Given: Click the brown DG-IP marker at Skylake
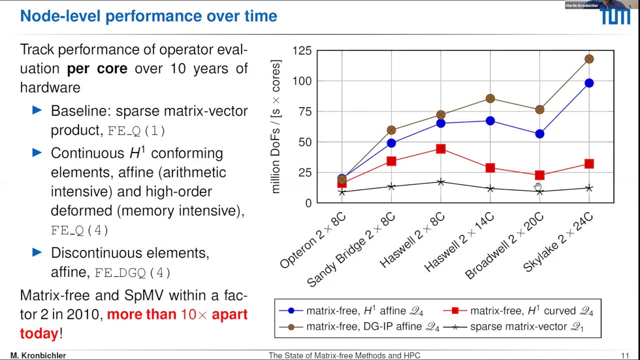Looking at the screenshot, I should [589, 59].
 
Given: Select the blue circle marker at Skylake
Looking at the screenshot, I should [589, 83].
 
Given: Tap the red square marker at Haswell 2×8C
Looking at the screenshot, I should [440, 149].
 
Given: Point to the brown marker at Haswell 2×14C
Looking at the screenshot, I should [490, 98].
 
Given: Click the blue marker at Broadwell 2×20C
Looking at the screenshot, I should [539, 134].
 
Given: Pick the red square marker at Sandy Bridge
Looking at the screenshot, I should [391, 161].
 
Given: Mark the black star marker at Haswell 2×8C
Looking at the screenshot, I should [440, 182].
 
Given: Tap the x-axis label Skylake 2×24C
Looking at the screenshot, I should [558, 242].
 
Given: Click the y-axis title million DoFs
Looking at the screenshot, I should [276, 127].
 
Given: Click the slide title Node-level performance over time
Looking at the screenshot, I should [148, 16].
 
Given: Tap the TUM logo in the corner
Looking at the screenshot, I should [615, 16].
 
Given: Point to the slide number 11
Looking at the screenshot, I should [624, 355].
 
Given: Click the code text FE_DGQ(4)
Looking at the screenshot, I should [132, 272].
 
